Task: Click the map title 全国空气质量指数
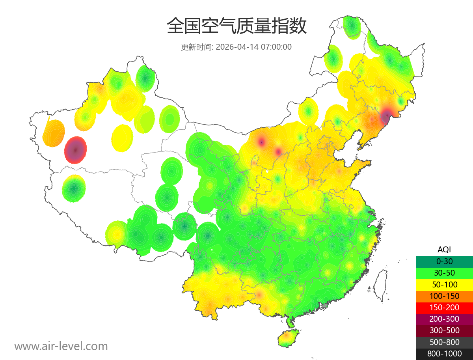click(x=236, y=26)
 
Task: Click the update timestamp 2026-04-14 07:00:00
click(x=254, y=47)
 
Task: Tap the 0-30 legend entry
click(x=444, y=261)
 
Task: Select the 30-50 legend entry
click(x=444, y=273)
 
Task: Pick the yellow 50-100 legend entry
click(x=444, y=284)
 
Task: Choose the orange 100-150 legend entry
click(x=444, y=296)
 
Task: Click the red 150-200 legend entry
click(x=444, y=308)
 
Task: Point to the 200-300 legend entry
click(x=444, y=319)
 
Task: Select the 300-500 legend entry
click(x=444, y=330)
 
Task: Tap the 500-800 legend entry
click(x=444, y=342)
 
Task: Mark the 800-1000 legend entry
click(x=444, y=354)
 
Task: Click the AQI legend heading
click(x=444, y=250)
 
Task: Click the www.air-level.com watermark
click(x=61, y=346)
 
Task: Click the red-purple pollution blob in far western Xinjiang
click(x=76, y=150)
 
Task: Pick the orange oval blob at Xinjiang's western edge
click(x=54, y=133)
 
